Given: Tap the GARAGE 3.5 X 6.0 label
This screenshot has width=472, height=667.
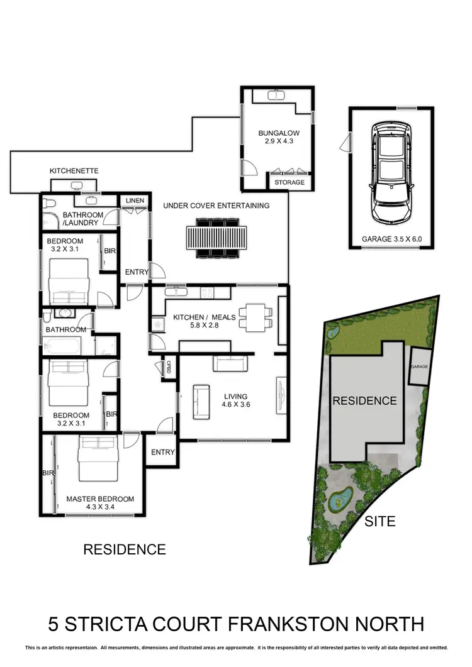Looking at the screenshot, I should (x=391, y=239).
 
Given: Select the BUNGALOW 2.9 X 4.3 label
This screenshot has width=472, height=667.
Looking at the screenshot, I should (x=278, y=138).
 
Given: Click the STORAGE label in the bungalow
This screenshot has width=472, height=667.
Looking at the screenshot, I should (x=289, y=183).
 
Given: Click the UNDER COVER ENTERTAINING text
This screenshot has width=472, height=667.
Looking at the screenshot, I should (x=216, y=206).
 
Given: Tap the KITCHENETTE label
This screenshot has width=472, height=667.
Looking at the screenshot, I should (x=74, y=171).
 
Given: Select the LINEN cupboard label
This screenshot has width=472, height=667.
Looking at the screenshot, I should (x=135, y=201).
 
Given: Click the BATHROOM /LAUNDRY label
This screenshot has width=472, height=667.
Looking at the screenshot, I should (x=80, y=219).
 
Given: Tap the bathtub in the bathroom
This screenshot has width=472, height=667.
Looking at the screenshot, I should (x=62, y=346).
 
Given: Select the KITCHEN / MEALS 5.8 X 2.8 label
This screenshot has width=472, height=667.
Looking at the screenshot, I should (x=205, y=322).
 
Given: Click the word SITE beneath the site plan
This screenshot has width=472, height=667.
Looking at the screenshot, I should (x=380, y=522).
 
